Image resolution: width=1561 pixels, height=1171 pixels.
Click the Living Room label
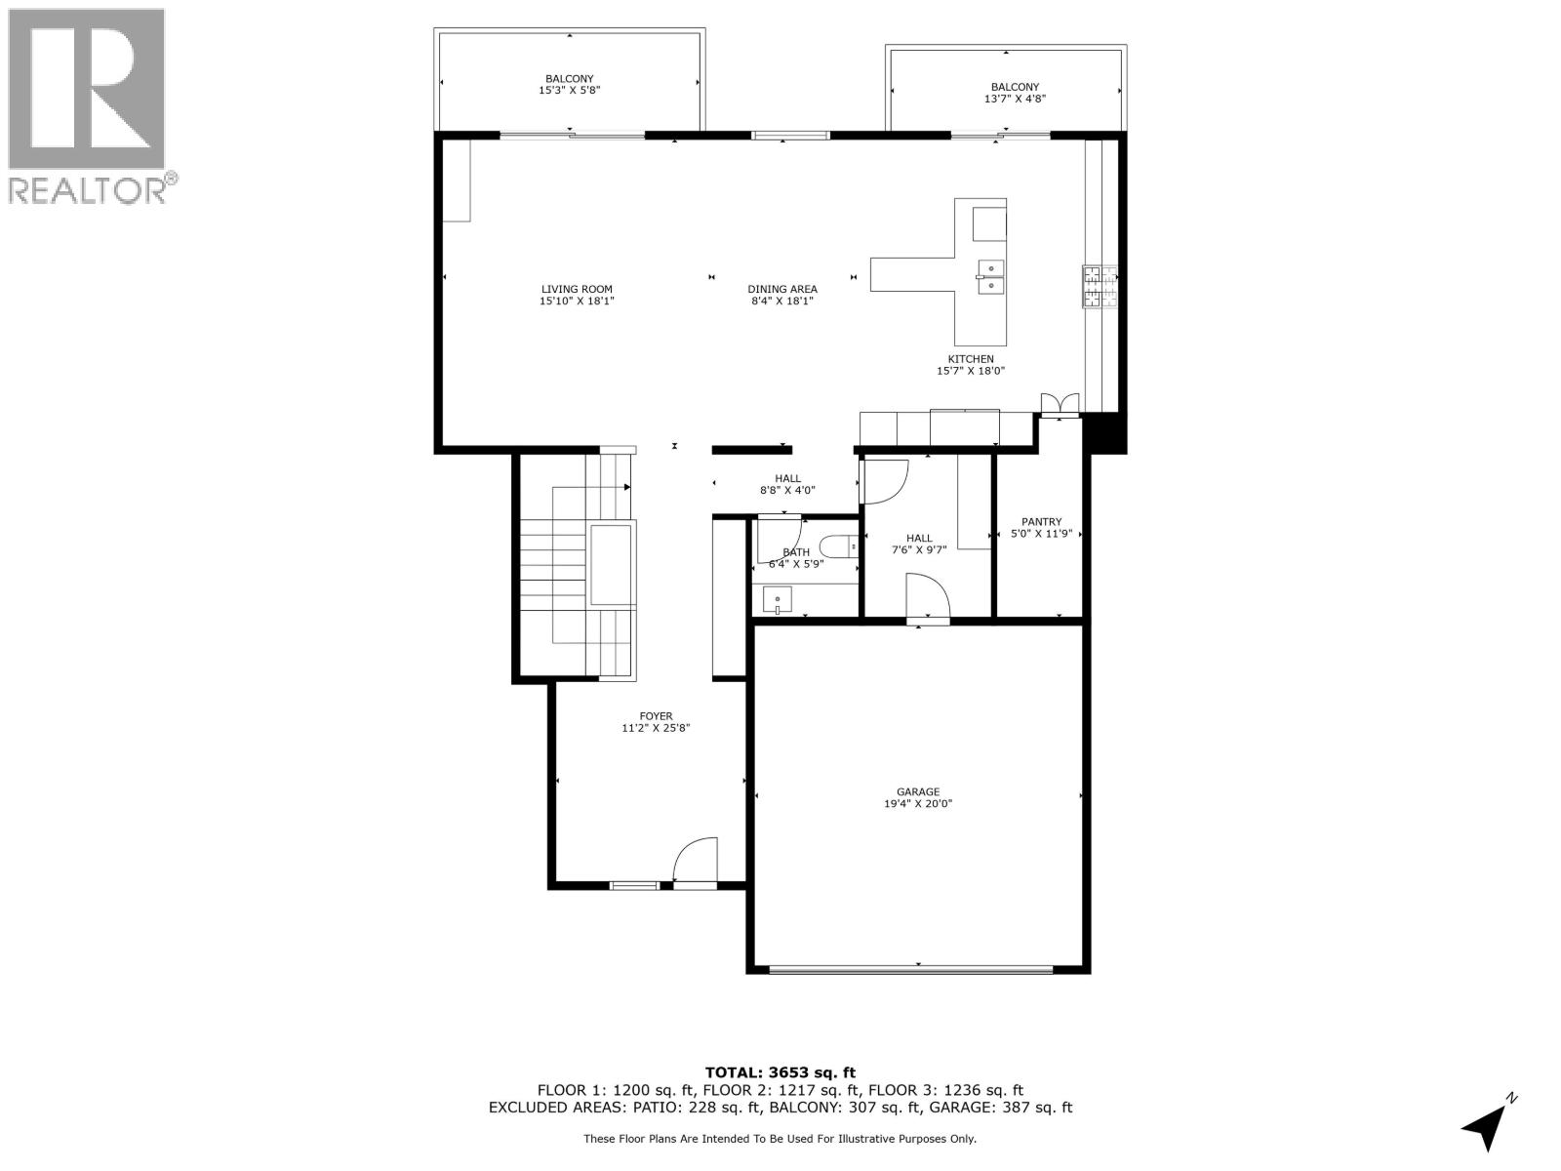pos(577,289)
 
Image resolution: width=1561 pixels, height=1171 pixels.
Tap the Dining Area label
pos(781,289)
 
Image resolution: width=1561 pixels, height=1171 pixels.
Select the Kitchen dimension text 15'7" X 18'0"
pos(970,371)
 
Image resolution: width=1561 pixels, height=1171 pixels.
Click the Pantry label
pos(1041,522)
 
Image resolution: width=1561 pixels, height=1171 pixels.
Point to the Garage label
pos(918,792)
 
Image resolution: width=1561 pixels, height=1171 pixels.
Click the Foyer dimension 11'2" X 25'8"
pos(656,728)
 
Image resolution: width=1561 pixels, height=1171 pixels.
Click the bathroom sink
pos(778,598)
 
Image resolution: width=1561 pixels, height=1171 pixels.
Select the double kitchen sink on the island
pos(991,276)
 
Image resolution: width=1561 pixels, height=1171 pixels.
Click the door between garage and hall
pos(927,597)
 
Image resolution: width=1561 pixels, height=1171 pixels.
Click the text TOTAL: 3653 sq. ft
pos(780,1072)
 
